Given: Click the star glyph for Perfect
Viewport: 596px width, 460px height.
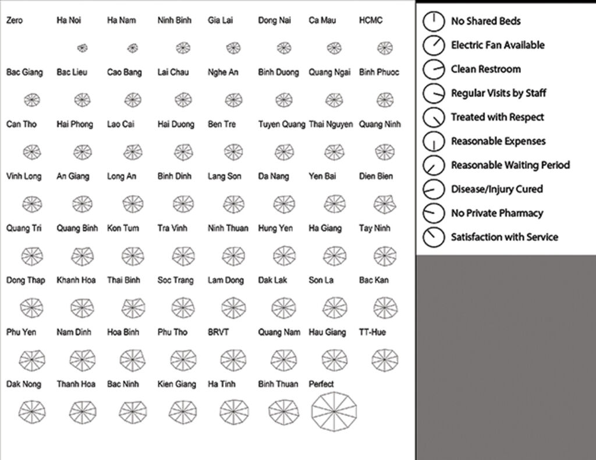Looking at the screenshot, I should [x=334, y=412].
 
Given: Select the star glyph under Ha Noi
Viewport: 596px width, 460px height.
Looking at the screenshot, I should [x=82, y=48].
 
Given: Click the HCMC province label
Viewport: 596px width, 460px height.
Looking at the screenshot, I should [x=371, y=20].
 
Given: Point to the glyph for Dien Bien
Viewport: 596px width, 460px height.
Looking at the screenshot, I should [x=385, y=203].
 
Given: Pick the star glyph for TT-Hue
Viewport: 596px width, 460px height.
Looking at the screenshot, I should [x=385, y=360].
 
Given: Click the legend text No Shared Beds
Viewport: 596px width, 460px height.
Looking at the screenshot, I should [x=485, y=21].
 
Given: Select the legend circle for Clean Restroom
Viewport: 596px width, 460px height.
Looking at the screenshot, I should [x=433, y=69].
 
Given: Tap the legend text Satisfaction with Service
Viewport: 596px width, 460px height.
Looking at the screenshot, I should [x=504, y=237].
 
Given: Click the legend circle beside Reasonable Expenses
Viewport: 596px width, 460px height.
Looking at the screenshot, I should [x=433, y=141].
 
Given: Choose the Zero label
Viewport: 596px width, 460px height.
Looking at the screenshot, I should [x=15, y=20].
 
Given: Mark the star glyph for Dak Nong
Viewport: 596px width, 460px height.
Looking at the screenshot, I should [x=32, y=412].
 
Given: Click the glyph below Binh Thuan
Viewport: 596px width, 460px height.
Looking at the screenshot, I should [x=283, y=412].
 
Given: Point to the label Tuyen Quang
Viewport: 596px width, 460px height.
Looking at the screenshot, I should [x=282, y=124].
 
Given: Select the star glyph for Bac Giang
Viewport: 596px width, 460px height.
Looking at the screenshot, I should [x=32, y=100].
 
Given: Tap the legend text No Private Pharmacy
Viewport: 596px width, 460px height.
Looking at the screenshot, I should [x=496, y=213].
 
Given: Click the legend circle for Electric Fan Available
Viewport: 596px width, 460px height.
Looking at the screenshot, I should [x=433, y=45].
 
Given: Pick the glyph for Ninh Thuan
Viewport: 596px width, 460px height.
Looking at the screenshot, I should [x=233, y=255].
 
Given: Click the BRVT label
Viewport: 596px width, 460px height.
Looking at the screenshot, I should [x=218, y=332].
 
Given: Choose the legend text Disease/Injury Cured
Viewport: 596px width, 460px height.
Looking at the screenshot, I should [x=496, y=189].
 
